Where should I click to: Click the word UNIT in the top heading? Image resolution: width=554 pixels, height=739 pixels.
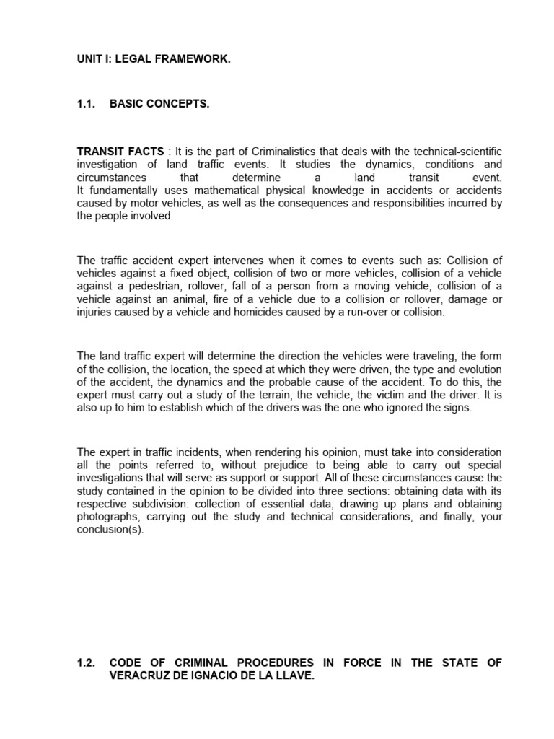pos(89,60)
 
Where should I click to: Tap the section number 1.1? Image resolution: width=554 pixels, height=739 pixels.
pos(86,105)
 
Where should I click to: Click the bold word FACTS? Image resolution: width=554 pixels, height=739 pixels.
pos(144,150)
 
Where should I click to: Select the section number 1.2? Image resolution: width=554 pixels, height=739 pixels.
pos(86,663)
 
